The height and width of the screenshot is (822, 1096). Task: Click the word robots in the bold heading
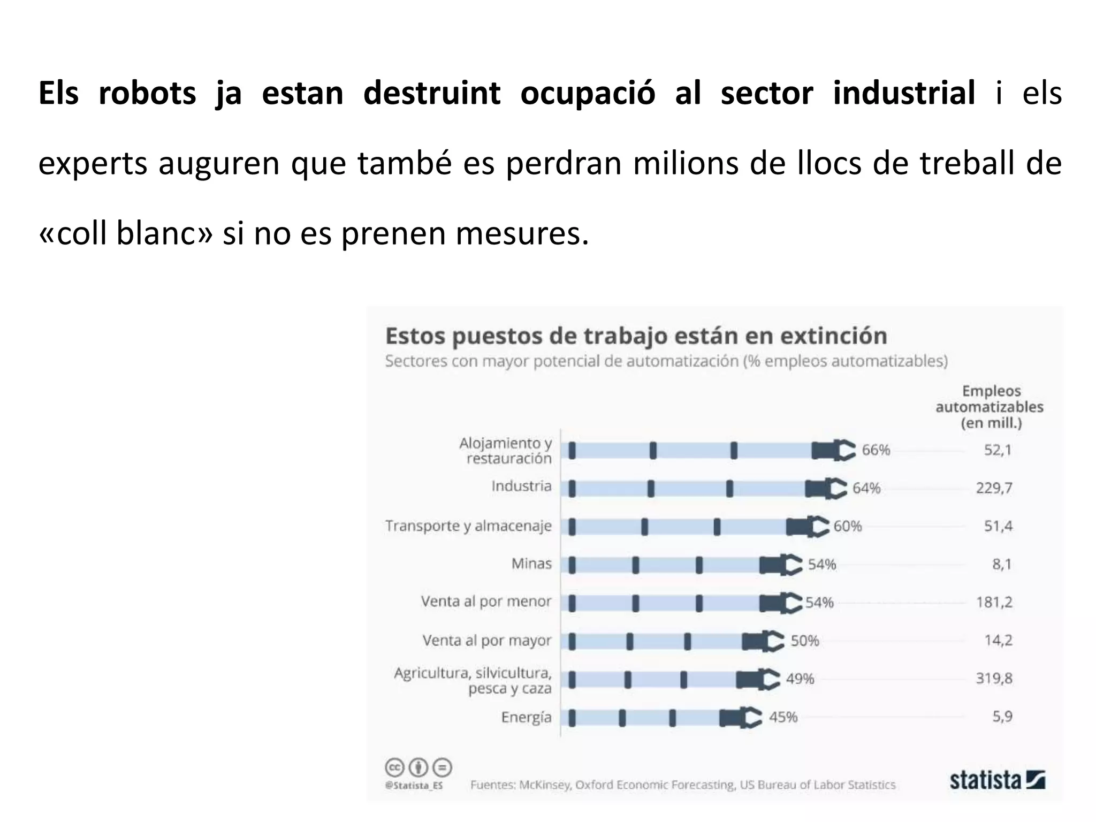(x=147, y=93)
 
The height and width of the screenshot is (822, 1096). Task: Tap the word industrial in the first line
(x=904, y=93)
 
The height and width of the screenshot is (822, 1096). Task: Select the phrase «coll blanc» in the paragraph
(x=125, y=233)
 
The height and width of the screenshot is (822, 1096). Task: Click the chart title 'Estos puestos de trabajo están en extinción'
(x=636, y=336)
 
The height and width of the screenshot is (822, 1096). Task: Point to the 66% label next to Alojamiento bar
(x=876, y=450)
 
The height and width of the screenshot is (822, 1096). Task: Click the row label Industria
(x=521, y=486)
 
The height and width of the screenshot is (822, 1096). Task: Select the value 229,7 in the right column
(x=994, y=488)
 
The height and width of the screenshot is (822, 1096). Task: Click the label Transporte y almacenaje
(x=468, y=526)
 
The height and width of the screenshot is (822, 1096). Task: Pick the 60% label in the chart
(x=847, y=527)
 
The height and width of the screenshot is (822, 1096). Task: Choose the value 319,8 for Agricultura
(x=994, y=679)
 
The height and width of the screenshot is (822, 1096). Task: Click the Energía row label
(x=526, y=717)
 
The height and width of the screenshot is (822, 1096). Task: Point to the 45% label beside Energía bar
(x=783, y=717)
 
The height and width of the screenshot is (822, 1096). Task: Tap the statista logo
(x=997, y=780)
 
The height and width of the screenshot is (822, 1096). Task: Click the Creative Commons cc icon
(x=394, y=768)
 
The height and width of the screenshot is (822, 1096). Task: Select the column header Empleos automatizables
(x=990, y=407)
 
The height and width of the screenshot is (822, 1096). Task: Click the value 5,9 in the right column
(x=1002, y=717)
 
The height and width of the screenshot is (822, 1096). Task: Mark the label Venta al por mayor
(x=486, y=641)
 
